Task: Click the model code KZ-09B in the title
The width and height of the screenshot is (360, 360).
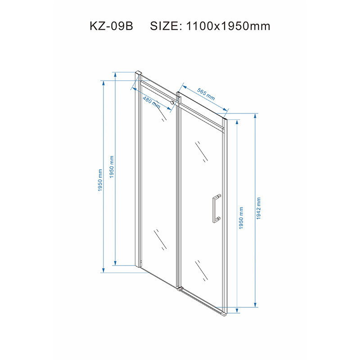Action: coord(111,26)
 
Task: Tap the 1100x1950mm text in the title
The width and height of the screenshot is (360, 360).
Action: coord(228,26)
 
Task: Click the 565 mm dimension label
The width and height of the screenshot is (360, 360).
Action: coord(206,94)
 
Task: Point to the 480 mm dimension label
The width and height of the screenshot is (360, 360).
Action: coord(152,103)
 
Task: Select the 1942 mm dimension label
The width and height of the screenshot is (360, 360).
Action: coord(258,208)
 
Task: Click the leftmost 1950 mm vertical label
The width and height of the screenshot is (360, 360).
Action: coord(100,180)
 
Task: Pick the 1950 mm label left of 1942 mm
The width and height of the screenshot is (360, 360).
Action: coord(241,218)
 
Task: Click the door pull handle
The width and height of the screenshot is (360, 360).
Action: coord(216,208)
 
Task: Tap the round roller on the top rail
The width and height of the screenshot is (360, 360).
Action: coord(172,103)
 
